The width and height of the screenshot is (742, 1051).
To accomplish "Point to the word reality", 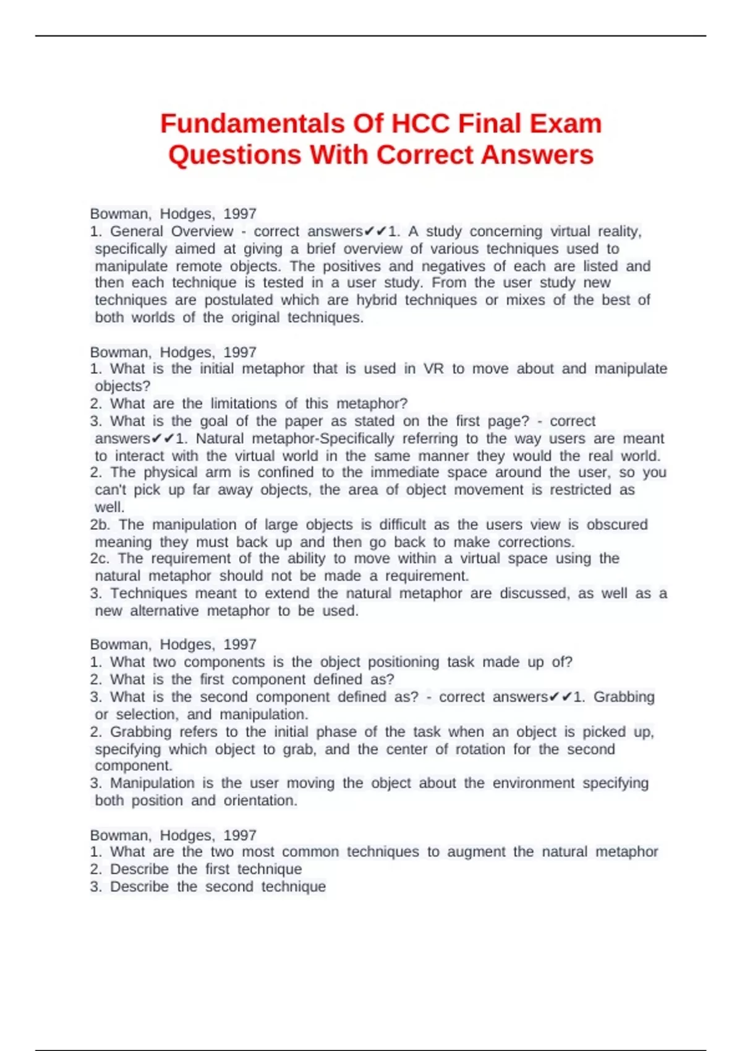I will [620, 231].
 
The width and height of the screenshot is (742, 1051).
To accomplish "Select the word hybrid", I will [377, 300].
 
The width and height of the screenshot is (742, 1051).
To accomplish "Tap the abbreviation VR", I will [433, 369].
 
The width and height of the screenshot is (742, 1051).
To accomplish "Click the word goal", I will [214, 421].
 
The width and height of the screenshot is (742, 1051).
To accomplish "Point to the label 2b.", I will [100, 525].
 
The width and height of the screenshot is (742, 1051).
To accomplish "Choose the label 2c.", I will [99, 559].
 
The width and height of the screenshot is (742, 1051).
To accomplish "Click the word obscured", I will [617, 525].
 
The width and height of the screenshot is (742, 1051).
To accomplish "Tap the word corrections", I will [536, 542].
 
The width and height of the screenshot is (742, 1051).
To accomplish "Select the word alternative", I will [164, 611].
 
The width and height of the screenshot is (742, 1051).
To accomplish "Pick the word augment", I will [475, 852].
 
